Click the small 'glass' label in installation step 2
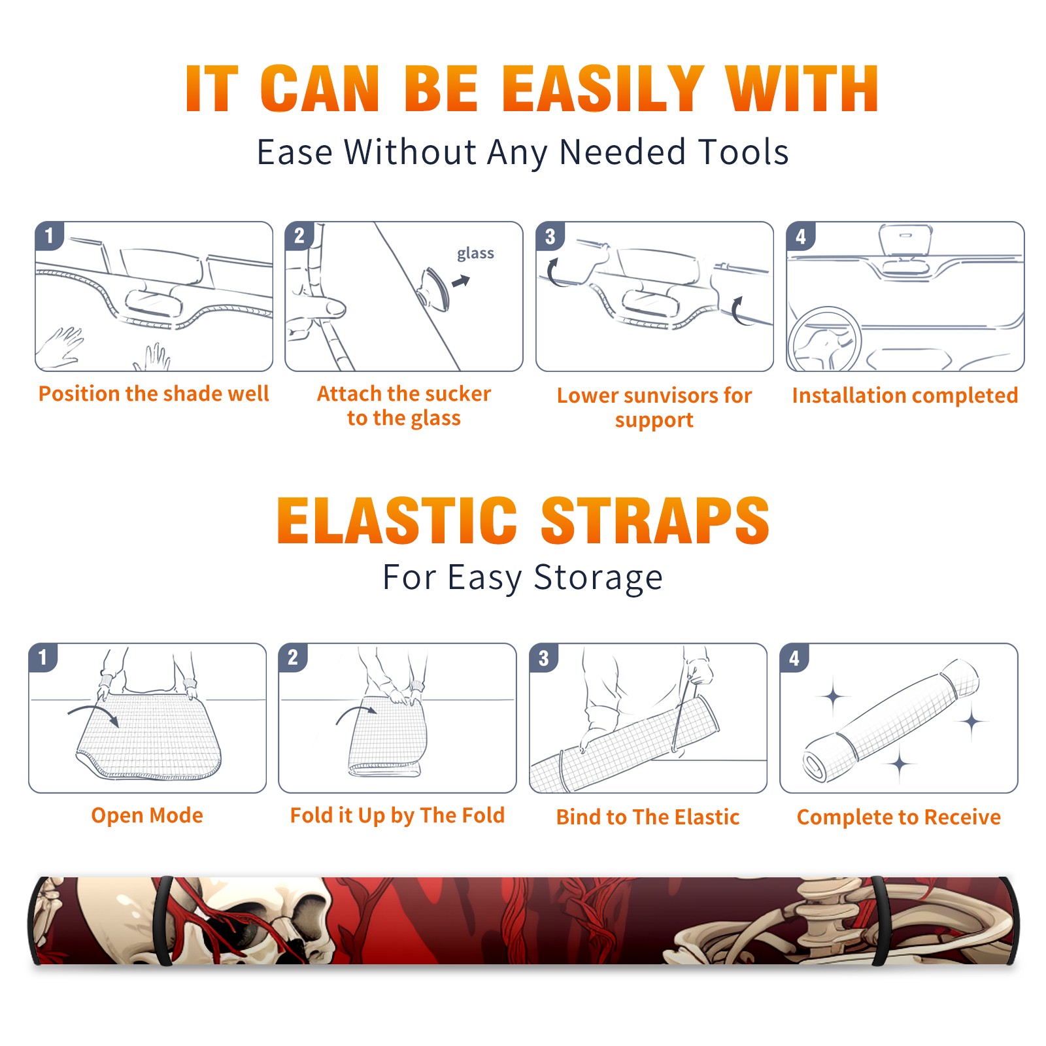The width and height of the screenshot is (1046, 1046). click(475, 254)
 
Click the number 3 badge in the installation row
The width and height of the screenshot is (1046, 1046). click(550, 236)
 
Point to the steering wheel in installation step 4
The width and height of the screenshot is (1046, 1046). click(824, 340)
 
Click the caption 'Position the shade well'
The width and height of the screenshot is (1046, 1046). click(154, 394)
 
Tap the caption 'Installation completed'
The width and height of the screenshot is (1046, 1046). click(905, 396)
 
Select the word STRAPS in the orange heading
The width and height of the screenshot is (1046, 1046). click(655, 520)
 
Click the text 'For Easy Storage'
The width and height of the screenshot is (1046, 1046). click(523, 577)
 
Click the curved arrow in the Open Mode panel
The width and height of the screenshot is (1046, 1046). click(93, 713)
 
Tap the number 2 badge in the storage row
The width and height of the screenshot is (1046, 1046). click(292, 657)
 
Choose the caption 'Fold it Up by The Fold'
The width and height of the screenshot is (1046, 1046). click(397, 815)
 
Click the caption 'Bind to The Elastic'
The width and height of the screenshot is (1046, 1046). click(648, 817)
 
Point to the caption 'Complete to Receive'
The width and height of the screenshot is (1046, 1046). click(899, 817)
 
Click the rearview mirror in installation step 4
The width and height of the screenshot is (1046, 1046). click(905, 240)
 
